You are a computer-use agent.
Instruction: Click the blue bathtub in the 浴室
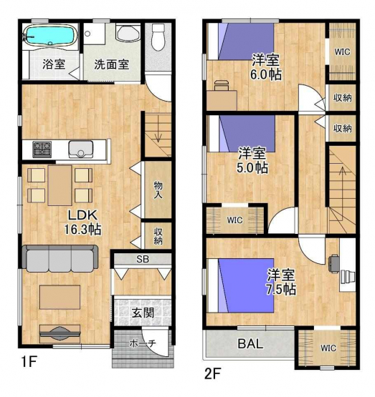(50, 35)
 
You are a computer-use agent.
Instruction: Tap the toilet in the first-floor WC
(158, 36)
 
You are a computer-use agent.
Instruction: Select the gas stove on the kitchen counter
(42, 148)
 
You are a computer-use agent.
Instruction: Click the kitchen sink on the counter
(81, 149)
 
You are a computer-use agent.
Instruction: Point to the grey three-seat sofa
(60, 258)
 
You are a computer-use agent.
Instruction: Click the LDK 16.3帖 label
(82, 222)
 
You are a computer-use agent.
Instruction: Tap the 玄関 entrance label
(143, 313)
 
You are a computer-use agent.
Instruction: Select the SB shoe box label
(143, 259)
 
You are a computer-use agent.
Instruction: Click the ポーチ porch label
(143, 343)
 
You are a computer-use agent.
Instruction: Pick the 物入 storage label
(158, 190)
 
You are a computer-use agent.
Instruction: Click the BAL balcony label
(250, 343)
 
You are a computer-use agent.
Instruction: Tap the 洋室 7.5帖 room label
(281, 282)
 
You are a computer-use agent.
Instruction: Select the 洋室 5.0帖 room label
(252, 160)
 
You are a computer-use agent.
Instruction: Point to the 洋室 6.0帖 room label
(265, 67)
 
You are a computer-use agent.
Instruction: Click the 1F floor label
(29, 361)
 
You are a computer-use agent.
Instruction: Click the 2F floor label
(213, 373)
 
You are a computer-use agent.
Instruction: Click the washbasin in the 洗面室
(128, 32)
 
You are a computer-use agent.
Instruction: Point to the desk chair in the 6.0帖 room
(222, 85)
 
